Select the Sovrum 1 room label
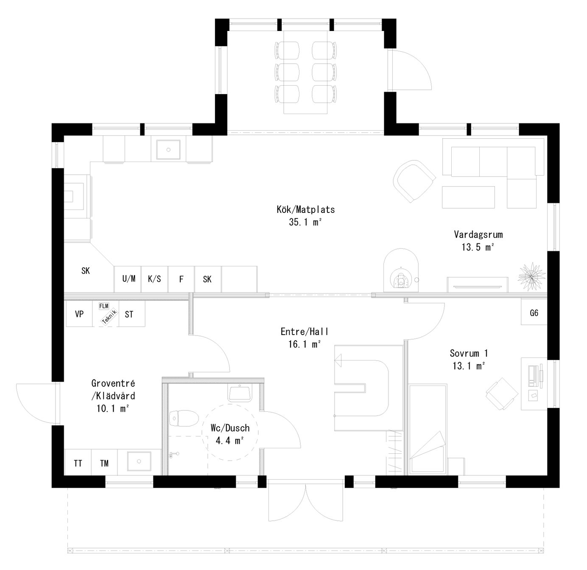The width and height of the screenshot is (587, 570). [x=469, y=359]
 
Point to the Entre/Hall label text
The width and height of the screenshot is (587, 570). [x=305, y=338]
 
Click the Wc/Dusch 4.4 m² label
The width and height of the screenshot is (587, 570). [x=230, y=434]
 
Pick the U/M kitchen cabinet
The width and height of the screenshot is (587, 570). [x=129, y=279]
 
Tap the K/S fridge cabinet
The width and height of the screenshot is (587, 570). [x=154, y=279]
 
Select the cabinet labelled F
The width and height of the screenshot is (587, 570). [x=181, y=279]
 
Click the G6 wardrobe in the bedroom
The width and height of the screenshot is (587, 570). [x=534, y=313]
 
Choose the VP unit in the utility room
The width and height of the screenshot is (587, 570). [x=79, y=314]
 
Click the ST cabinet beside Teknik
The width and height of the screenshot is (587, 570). [x=129, y=314]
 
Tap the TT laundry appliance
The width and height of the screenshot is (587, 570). [x=78, y=463]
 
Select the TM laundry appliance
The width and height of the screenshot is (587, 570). [x=104, y=463]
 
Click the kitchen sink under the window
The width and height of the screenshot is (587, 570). [x=169, y=150]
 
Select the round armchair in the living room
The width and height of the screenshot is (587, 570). [x=414, y=181]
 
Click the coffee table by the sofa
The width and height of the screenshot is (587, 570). [x=468, y=197]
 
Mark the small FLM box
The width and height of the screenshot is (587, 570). [x=104, y=306]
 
